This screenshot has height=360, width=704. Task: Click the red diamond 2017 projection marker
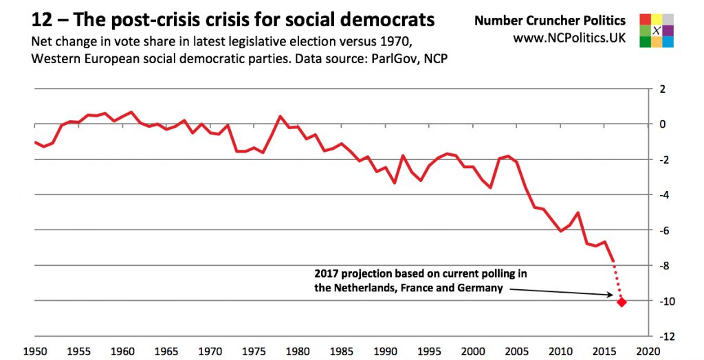point(621,302)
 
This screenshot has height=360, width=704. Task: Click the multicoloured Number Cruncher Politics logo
point(657,30)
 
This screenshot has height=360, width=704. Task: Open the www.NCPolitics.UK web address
point(569,38)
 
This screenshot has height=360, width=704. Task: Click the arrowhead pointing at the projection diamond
point(611,295)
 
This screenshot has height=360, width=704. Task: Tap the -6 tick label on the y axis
point(664,231)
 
